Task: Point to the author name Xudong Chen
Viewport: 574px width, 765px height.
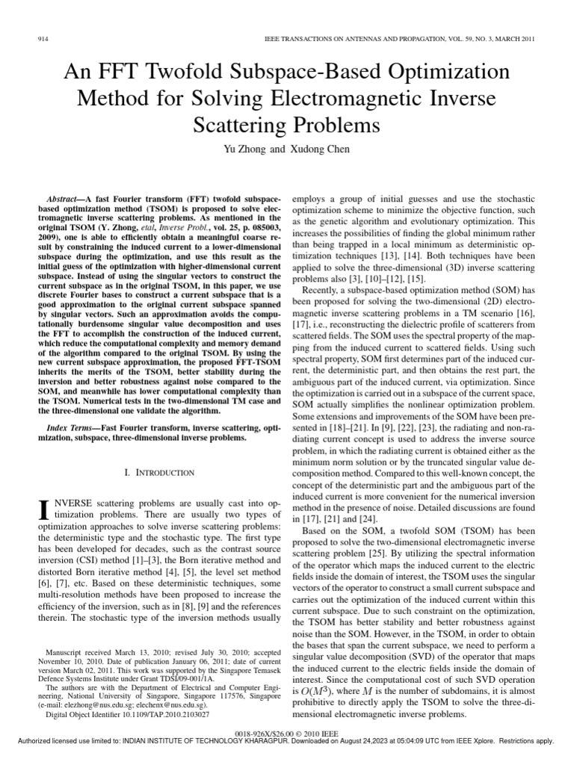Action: pyautogui.click(x=316, y=149)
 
